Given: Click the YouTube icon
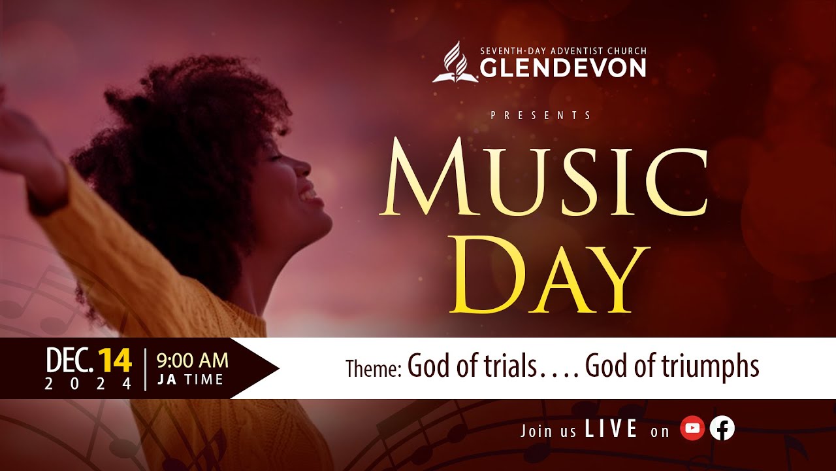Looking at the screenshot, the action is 692,428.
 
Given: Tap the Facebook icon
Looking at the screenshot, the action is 722,428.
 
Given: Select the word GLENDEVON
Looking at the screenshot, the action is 563,67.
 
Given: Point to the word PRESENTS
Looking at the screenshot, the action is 541,115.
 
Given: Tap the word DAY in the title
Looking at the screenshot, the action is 549,275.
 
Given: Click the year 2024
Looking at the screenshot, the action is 88,384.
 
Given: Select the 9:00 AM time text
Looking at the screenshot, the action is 192,360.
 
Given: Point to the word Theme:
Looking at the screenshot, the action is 373,368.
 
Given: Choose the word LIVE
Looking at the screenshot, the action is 611,428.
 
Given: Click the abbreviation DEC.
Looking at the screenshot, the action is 69,360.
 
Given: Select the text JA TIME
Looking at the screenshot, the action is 190,380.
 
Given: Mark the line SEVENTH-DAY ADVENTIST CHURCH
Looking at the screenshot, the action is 563,51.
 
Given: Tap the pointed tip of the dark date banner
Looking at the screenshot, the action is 279,368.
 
